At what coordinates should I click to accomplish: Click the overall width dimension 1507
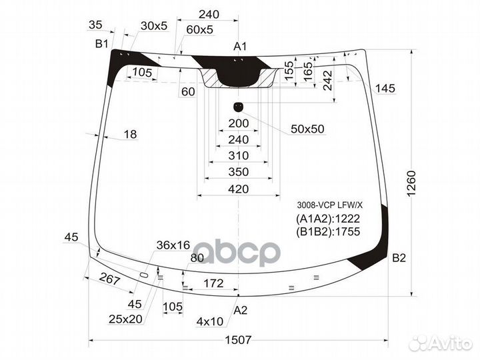tap(238, 339)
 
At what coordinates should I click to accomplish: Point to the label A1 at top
tap(240, 47)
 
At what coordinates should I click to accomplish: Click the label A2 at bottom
tap(240, 309)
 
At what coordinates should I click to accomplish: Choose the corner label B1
tap(101, 44)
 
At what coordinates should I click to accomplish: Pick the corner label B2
tap(399, 258)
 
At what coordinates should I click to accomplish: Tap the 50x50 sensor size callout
tap(307, 129)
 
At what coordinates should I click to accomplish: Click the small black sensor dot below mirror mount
tap(238, 107)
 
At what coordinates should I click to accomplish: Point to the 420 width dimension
tap(238, 189)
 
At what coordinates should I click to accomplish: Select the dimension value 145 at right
tap(385, 89)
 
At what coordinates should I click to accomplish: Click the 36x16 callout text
tap(173, 245)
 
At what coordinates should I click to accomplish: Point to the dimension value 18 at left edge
tap(129, 135)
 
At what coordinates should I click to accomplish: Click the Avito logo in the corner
tap(441, 343)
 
